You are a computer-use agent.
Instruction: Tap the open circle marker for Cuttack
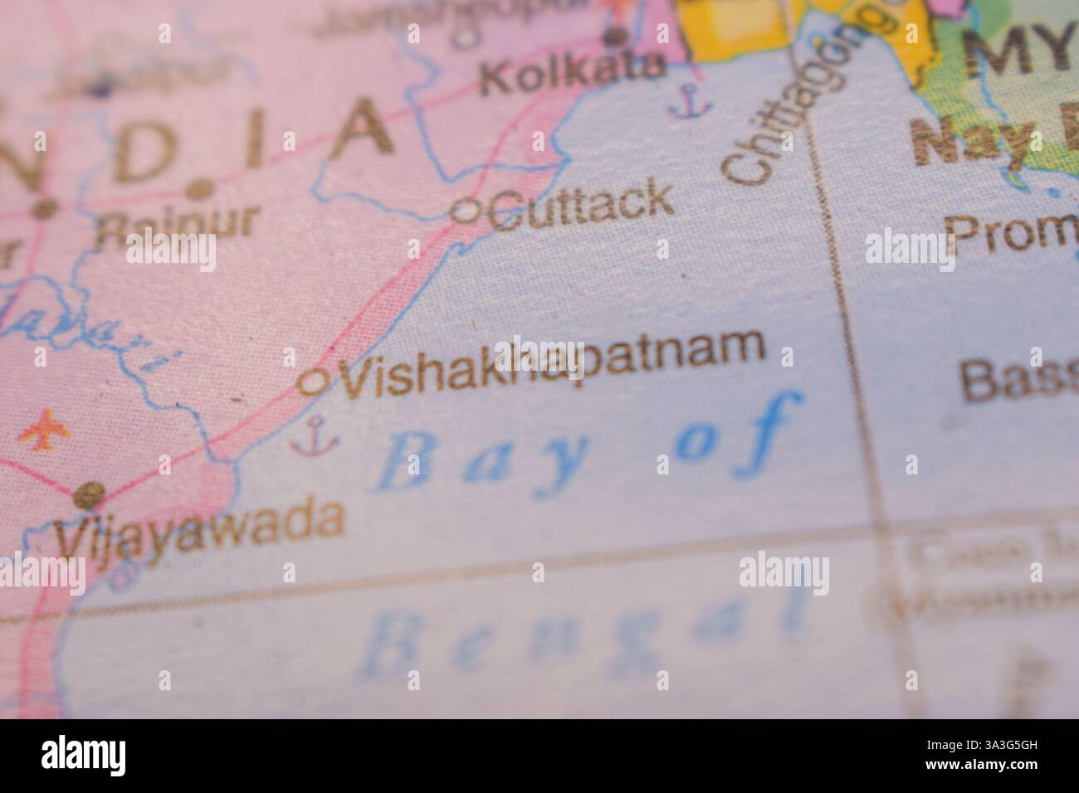(464, 212)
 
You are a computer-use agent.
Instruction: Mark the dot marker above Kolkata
(615, 36)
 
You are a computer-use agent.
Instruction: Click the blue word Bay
(481, 462)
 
